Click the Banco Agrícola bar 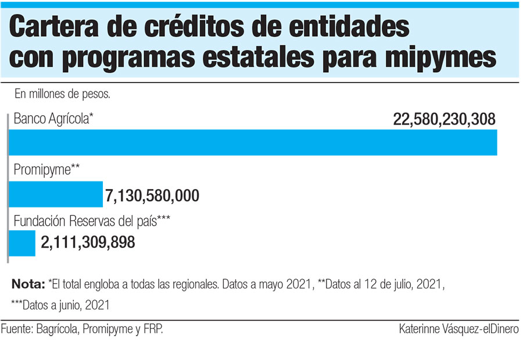pyautogui.click(x=253, y=142)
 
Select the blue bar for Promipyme pyautogui.click(x=56, y=194)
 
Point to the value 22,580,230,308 pyautogui.click(x=444, y=120)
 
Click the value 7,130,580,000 pyautogui.click(x=152, y=195)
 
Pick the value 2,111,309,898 pyautogui.click(x=88, y=243)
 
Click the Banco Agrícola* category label pyautogui.click(x=53, y=119)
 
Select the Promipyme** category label pyautogui.click(x=46, y=170)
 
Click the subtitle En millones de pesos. pyautogui.click(x=63, y=93)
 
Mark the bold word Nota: pyautogui.click(x=28, y=285)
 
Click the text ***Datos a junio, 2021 pyautogui.click(x=60, y=304)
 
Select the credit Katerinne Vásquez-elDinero pyautogui.click(x=458, y=330)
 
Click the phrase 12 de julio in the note pyautogui.click(x=393, y=285)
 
